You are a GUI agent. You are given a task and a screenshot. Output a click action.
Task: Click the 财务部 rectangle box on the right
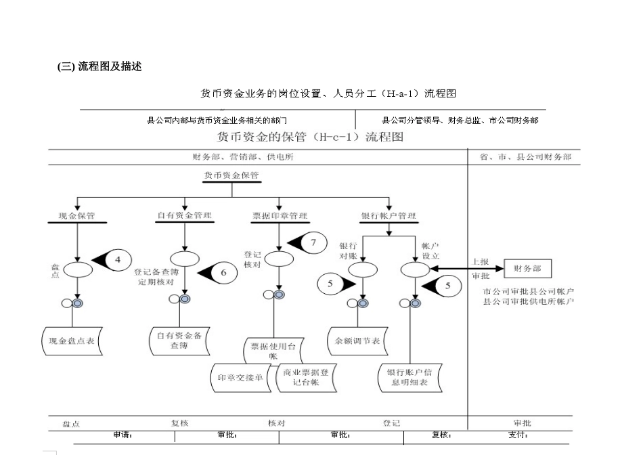click(527, 269)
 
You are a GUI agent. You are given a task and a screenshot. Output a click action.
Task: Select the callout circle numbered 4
click(117, 259)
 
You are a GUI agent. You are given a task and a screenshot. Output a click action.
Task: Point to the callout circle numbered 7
click(313, 242)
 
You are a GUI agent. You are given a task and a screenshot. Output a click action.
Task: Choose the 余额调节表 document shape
click(357, 341)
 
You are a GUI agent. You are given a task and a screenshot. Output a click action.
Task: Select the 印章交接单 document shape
click(240, 378)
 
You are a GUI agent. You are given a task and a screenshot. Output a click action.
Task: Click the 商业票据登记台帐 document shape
click(306, 377)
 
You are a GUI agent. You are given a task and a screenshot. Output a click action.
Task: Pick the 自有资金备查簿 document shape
click(179, 340)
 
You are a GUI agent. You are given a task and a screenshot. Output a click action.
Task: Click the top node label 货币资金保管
click(231, 175)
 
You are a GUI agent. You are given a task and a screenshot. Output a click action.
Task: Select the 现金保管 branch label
click(77, 216)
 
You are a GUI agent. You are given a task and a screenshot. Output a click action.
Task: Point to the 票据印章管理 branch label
click(280, 216)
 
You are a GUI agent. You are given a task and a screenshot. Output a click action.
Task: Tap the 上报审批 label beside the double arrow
click(481, 269)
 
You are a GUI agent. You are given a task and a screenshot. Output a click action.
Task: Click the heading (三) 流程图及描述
click(99, 66)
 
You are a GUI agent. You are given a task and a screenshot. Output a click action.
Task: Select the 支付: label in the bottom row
click(518, 435)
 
